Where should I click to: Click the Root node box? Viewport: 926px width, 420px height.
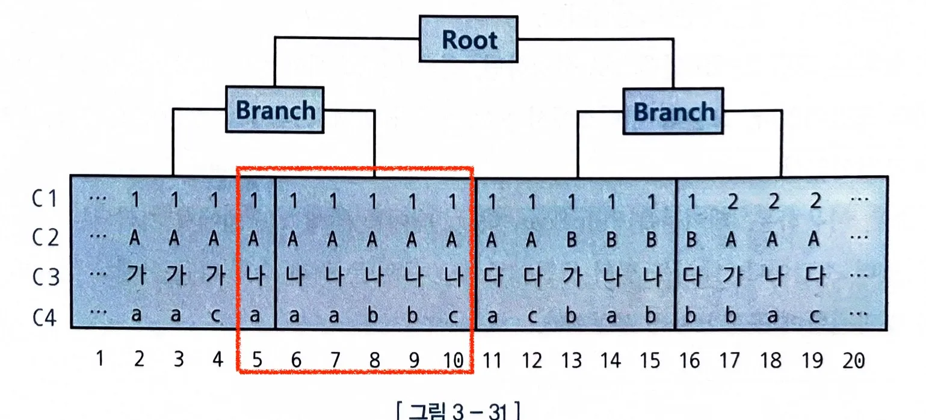(468, 39)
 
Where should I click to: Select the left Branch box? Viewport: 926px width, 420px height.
(275, 110)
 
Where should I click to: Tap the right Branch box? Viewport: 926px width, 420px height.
(673, 111)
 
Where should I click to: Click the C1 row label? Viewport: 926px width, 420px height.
(45, 199)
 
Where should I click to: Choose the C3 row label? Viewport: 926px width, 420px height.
(46, 277)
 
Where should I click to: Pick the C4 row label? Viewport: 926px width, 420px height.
(45, 318)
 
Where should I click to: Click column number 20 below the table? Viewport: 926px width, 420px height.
(854, 360)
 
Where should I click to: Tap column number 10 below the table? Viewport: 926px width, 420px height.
(453, 360)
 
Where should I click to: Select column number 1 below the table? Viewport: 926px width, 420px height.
(99, 359)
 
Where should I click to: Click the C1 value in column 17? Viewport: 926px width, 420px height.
(732, 202)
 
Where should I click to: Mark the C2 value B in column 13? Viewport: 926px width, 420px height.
(572, 239)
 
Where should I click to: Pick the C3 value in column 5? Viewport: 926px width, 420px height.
(255, 275)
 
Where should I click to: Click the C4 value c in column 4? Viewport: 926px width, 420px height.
(215, 316)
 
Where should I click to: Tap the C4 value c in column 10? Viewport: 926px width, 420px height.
(453, 317)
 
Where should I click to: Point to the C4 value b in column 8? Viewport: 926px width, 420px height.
(373, 315)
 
